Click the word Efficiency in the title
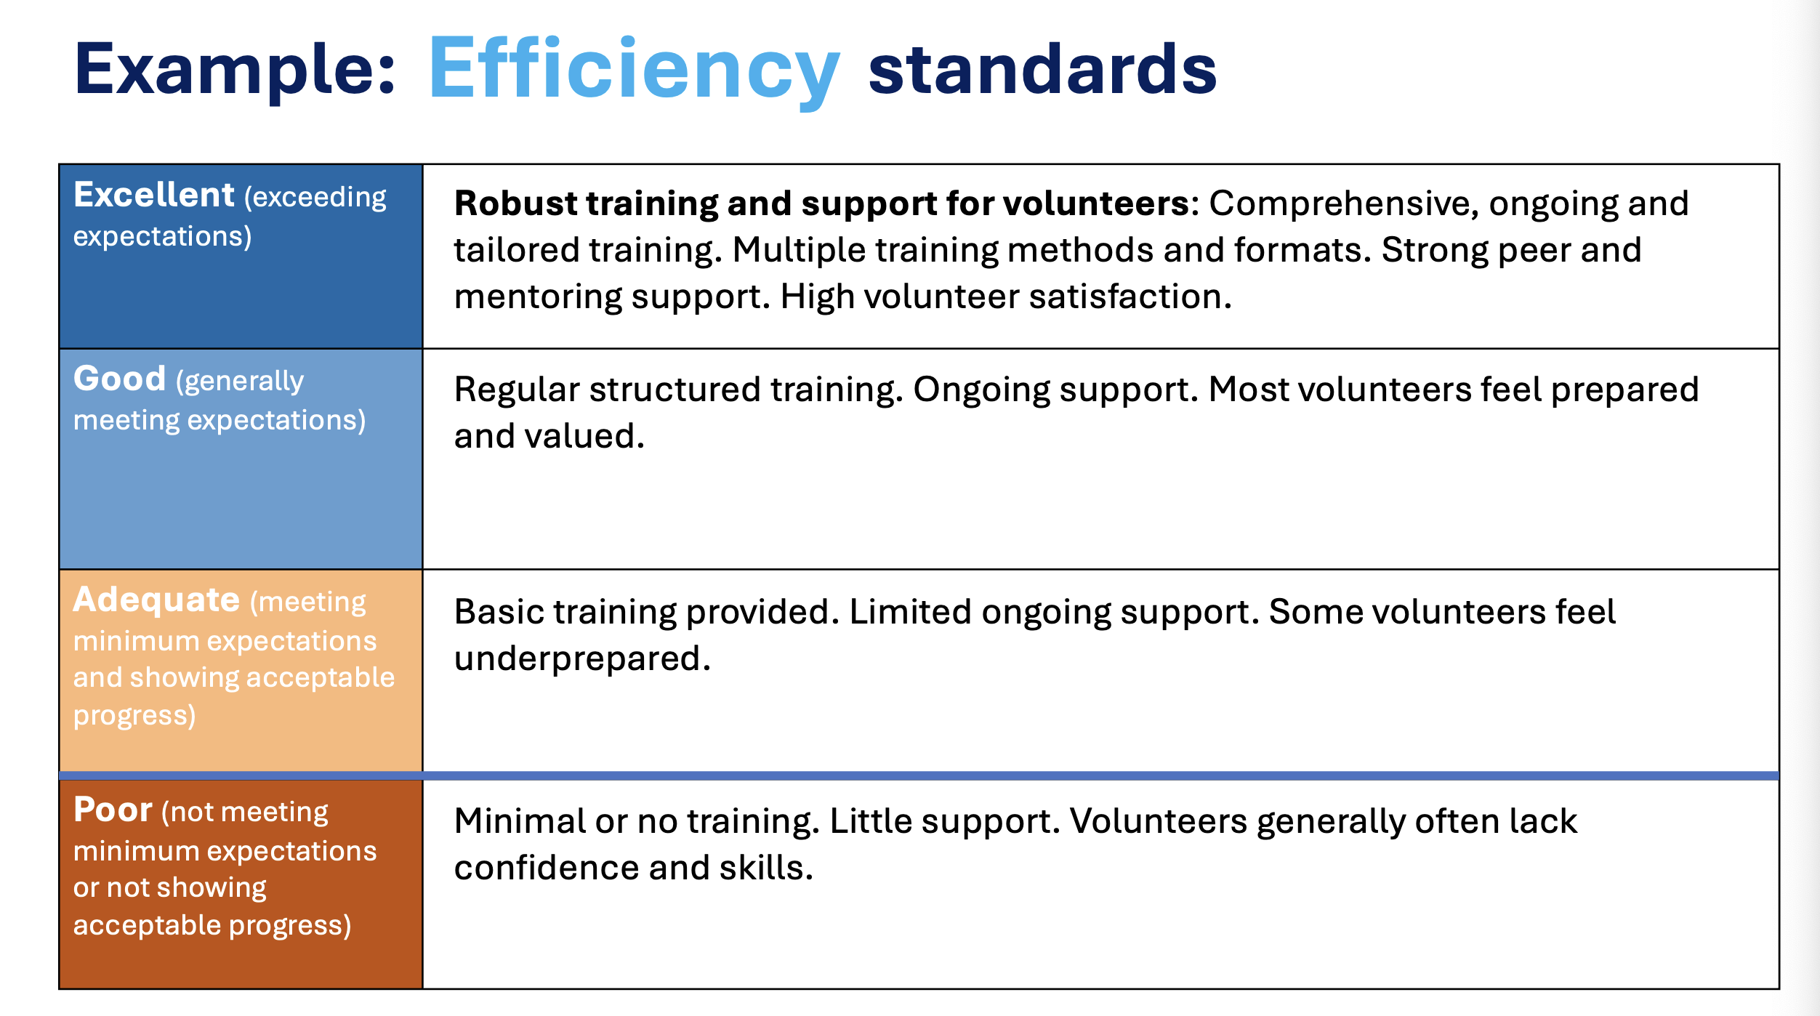635,70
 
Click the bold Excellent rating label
154,195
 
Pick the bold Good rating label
120,379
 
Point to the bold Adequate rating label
156,600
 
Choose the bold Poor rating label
113,810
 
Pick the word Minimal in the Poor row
520,821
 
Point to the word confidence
547,868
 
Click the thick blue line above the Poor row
919,775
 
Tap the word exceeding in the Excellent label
315,198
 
